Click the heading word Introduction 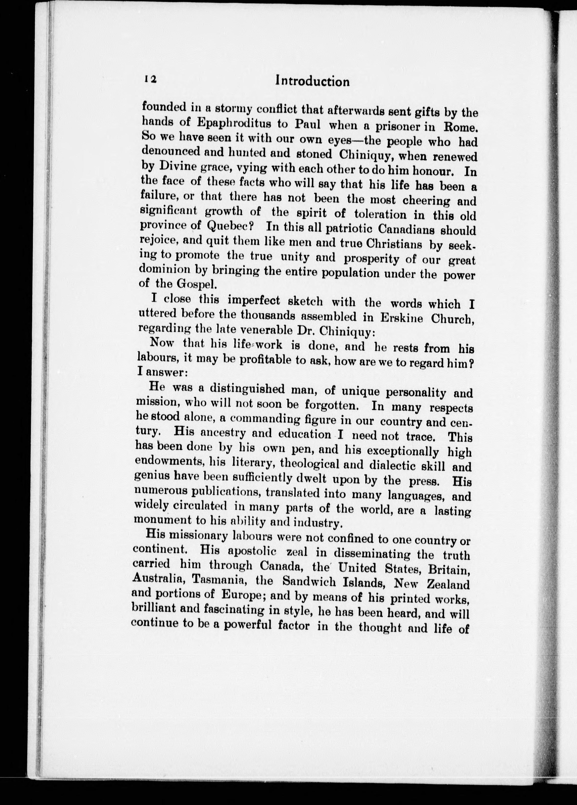[313, 81]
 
